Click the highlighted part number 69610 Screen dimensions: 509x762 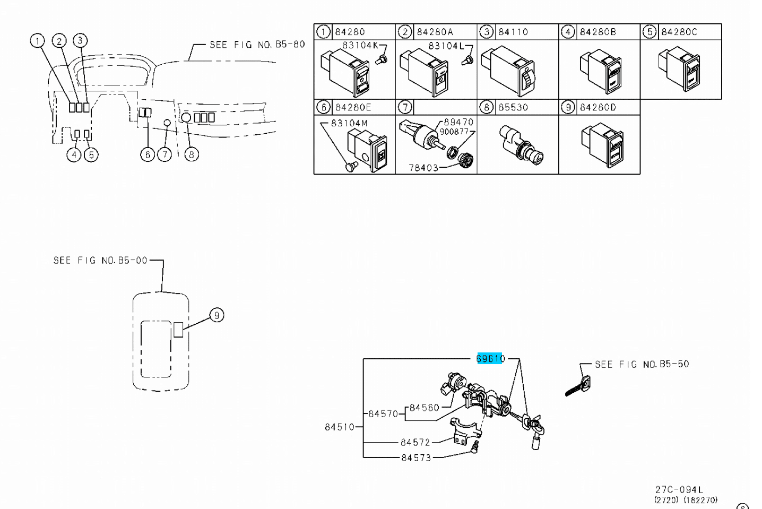490,359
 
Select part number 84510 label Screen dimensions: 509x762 339,427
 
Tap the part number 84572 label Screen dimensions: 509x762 415,442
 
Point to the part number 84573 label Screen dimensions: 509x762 415,458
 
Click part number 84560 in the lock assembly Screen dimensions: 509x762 425,408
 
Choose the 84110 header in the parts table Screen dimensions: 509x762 513,32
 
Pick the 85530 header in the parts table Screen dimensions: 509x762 513,107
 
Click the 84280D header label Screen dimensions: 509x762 598,107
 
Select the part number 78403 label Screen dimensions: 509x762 423,168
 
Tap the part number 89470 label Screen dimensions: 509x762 458,122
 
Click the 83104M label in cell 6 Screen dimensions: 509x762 349,123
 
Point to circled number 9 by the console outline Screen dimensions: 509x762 216,315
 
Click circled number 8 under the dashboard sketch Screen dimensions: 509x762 191,154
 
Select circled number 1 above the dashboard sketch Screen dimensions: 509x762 37,40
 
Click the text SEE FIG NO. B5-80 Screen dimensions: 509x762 257,45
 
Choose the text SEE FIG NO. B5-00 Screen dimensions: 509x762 100,260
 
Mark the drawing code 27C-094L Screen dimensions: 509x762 679,490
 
